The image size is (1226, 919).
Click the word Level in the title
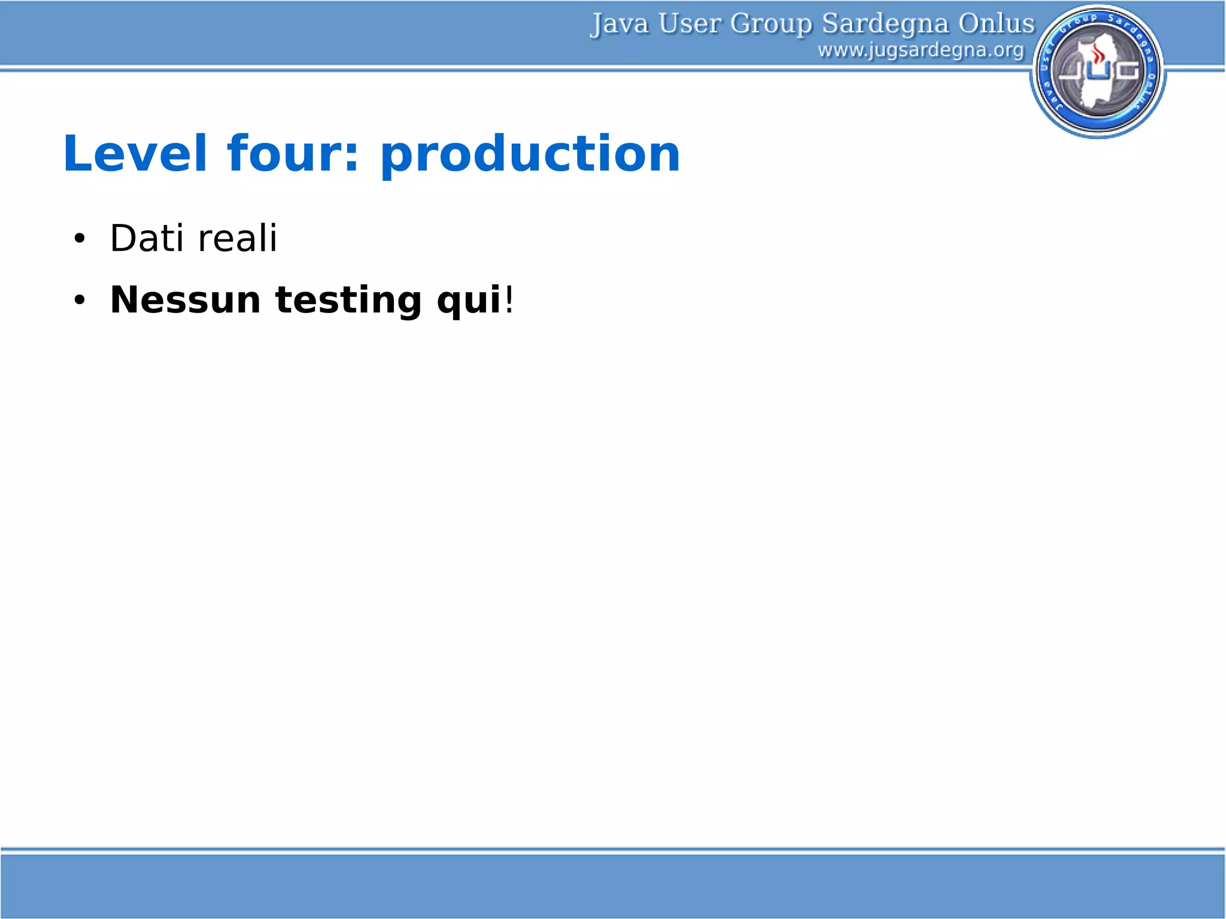coord(135,154)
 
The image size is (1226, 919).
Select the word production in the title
coord(530,156)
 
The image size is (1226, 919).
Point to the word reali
coord(237,238)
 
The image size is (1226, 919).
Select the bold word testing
coord(348,301)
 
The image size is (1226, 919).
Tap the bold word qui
coord(469,301)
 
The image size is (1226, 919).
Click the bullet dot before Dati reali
coord(80,239)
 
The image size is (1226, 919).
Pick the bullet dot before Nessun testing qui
coord(80,301)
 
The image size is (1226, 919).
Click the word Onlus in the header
coord(996,24)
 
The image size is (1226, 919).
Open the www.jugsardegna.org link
coord(921,50)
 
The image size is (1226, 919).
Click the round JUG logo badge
coord(1098,71)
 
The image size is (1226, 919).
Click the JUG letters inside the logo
coord(1098,71)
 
